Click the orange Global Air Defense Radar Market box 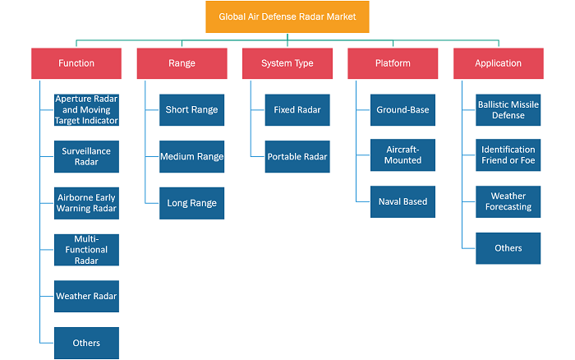[x=287, y=17]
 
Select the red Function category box [x=76, y=63]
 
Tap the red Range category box [x=182, y=63]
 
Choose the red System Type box [x=287, y=63]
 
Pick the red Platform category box [x=393, y=63]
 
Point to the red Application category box [x=499, y=63]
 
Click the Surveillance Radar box [x=86, y=156]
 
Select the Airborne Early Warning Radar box [x=86, y=203]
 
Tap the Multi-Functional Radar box [x=86, y=250]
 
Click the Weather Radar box [x=86, y=296]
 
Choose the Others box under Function [x=86, y=343]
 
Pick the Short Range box [x=191, y=109]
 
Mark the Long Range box [x=191, y=203]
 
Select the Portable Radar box [x=297, y=156]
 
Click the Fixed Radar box [x=297, y=109]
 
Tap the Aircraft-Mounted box [x=402, y=155]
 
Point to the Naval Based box [x=402, y=201]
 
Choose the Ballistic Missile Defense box [x=508, y=109]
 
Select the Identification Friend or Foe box [x=508, y=155]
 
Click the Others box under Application [x=508, y=248]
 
